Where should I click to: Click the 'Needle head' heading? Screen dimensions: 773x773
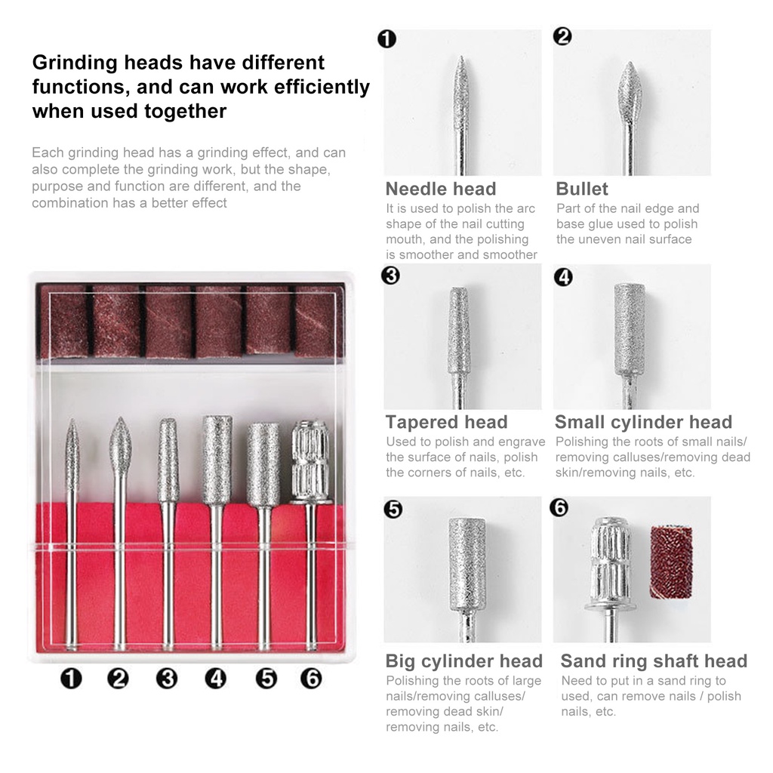[441, 189]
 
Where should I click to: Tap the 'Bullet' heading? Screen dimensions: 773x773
[582, 189]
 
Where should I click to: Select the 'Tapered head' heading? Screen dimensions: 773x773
[447, 422]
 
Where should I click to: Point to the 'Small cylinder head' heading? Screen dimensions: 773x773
[643, 422]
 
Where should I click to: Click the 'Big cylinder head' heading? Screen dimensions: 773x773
[464, 661]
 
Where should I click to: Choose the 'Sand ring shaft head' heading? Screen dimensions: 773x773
[654, 661]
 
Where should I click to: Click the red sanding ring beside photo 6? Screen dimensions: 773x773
[671, 562]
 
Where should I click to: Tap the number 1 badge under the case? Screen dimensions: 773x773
[71, 679]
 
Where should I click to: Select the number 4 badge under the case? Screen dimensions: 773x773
[215, 679]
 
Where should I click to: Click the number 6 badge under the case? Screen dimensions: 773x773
[311, 679]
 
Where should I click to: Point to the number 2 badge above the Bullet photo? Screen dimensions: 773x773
[562, 36]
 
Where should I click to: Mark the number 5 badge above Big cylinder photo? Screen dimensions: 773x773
[393, 509]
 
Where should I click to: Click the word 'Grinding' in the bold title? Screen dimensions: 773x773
[75, 63]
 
